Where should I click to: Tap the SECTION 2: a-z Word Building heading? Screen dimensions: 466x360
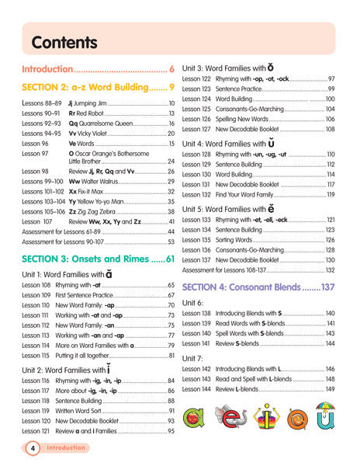coord(92,88)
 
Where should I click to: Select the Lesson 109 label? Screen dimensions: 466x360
coord(37,296)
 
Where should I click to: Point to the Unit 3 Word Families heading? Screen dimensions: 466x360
coord(232,68)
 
